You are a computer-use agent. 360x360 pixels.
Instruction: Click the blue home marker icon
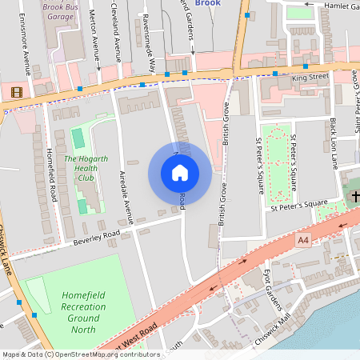click(179, 173)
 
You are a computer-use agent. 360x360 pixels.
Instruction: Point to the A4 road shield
click(302, 239)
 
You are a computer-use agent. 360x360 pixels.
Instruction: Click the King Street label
click(310, 78)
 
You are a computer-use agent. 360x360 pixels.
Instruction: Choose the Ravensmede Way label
click(148, 43)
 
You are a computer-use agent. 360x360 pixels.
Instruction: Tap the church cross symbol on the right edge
click(354, 195)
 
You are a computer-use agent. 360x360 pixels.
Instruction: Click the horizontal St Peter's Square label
click(299, 207)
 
